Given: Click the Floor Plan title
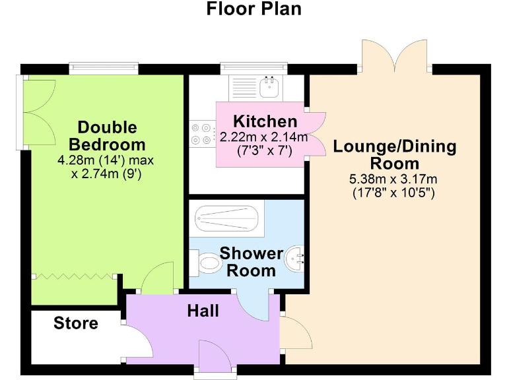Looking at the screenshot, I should click(x=253, y=9).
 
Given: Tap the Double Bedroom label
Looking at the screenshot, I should click(x=108, y=135).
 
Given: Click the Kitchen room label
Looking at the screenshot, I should click(x=265, y=121).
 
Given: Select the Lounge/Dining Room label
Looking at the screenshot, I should click(x=394, y=154).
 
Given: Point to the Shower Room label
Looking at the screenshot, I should click(x=252, y=261).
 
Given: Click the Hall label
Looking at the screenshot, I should click(x=203, y=311).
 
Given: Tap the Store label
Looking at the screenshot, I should click(x=76, y=323).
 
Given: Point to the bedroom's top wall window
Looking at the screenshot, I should click(x=104, y=67).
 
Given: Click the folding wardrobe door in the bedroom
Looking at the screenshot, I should click(x=74, y=276).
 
